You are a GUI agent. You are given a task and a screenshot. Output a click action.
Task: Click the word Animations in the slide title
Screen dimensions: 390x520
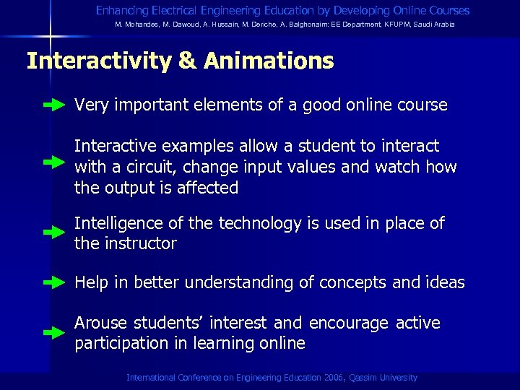pos(269,61)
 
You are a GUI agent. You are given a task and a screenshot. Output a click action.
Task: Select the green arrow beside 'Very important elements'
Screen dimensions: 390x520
pos(54,105)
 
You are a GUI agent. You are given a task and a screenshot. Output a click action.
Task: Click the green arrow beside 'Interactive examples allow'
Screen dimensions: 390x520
pos(54,162)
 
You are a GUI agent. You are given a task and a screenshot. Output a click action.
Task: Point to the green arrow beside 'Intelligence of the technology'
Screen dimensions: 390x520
pos(54,233)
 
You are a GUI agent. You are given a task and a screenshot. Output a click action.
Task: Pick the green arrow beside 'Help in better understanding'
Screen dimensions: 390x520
pos(54,282)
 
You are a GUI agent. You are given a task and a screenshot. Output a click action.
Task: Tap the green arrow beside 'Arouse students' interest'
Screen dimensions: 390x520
pos(54,333)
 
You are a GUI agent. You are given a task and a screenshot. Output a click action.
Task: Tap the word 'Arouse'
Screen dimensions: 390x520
pos(101,323)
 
